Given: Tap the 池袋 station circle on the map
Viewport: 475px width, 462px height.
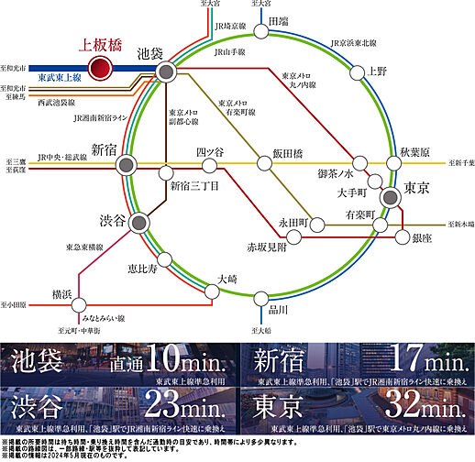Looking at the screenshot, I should click(166, 72).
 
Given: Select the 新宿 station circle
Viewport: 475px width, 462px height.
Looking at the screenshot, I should click(126, 166).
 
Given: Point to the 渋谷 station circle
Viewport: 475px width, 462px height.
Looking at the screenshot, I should click(138, 223).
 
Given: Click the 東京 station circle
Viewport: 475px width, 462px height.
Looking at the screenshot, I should click(389, 194).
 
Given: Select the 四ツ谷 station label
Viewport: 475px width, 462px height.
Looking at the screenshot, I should click(210, 153).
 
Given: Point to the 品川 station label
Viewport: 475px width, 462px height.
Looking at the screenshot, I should click(278, 309).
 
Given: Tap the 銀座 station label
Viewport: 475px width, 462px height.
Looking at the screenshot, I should click(423, 238).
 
